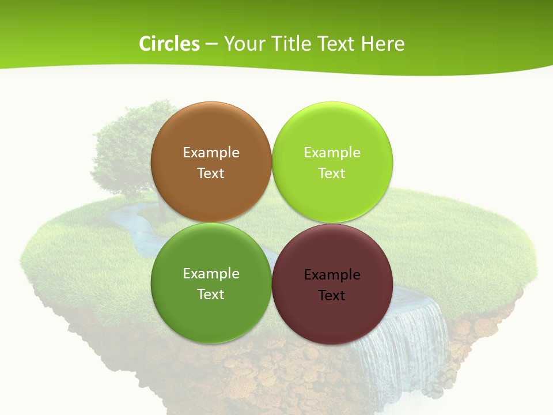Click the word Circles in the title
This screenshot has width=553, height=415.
169,44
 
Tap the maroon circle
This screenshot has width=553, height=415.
332,314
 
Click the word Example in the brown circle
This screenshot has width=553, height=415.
211,153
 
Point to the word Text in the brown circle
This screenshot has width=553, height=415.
211,173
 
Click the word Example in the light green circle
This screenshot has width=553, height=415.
332,153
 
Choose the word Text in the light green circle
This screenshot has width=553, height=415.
332,173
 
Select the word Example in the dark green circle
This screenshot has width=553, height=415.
211,274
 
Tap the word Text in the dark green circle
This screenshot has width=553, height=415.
211,295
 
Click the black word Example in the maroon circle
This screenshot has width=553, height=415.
332,275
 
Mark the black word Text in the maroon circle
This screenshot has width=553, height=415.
332,296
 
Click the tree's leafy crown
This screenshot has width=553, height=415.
124,144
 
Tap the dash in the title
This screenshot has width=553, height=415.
211,44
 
